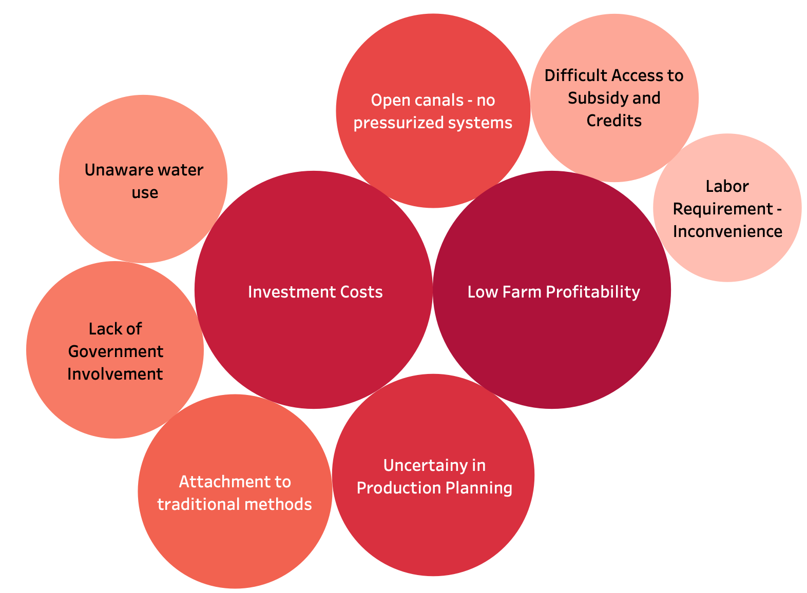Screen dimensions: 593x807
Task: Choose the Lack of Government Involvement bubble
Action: point(114,400)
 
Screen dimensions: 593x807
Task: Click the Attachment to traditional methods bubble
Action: point(235,539)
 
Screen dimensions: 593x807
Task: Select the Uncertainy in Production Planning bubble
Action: point(433,523)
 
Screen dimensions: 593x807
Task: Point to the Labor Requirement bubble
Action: point(727,256)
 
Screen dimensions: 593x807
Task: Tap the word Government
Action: point(116,351)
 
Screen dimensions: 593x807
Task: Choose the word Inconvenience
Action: point(727,231)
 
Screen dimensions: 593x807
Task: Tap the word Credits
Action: point(614,120)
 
